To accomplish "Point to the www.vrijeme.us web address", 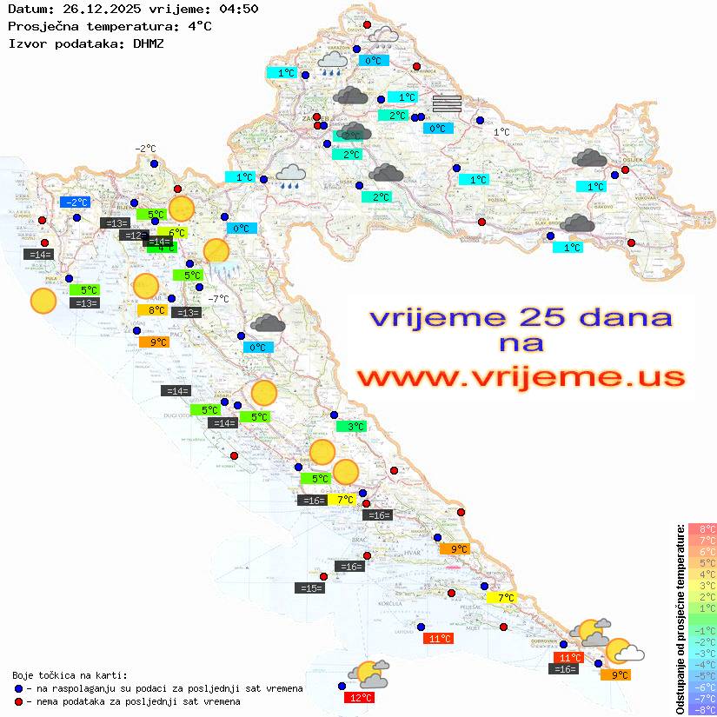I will (521, 377).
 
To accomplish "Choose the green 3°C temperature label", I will (351, 427).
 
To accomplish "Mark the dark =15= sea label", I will (309, 588).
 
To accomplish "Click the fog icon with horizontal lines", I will (447, 103).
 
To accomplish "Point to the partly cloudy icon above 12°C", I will (368, 672).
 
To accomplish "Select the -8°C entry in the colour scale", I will (701, 709).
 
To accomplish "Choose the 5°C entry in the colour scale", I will (701, 562).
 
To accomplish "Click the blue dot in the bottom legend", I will (19, 688).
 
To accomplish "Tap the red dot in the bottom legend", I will (19, 700).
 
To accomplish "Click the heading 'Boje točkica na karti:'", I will (70, 675).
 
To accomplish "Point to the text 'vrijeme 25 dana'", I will (521, 317).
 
